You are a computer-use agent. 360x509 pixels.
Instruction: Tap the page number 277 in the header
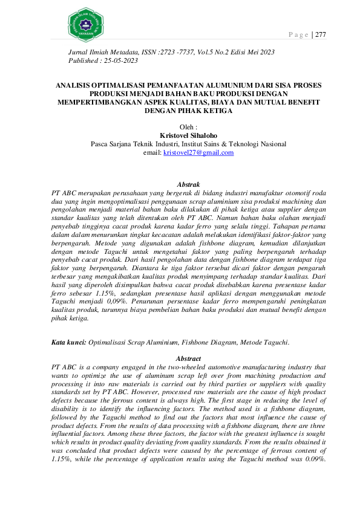[x=320, y=34]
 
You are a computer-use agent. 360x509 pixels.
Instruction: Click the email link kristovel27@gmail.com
[x=198, y=153]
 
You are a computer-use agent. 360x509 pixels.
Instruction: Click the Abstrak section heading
[x=188, y=183]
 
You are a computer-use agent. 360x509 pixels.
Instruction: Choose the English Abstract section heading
[x=188, y=359]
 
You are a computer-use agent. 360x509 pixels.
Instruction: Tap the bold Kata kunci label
[x=68, y=342]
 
